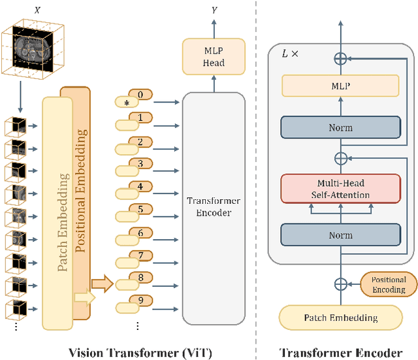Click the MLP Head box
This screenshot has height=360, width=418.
tap(214, 57)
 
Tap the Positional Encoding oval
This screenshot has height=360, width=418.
tap(388, 284)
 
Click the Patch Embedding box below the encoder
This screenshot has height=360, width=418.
tap(340, 318)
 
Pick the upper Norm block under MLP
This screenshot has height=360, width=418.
tap(340, 127)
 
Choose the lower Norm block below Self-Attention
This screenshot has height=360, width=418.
tap(340, 235)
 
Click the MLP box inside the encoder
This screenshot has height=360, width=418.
tap(340, 85)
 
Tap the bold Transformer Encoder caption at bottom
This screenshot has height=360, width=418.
tap(340, 352)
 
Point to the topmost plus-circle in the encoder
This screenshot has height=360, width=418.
tap(340, 58)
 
